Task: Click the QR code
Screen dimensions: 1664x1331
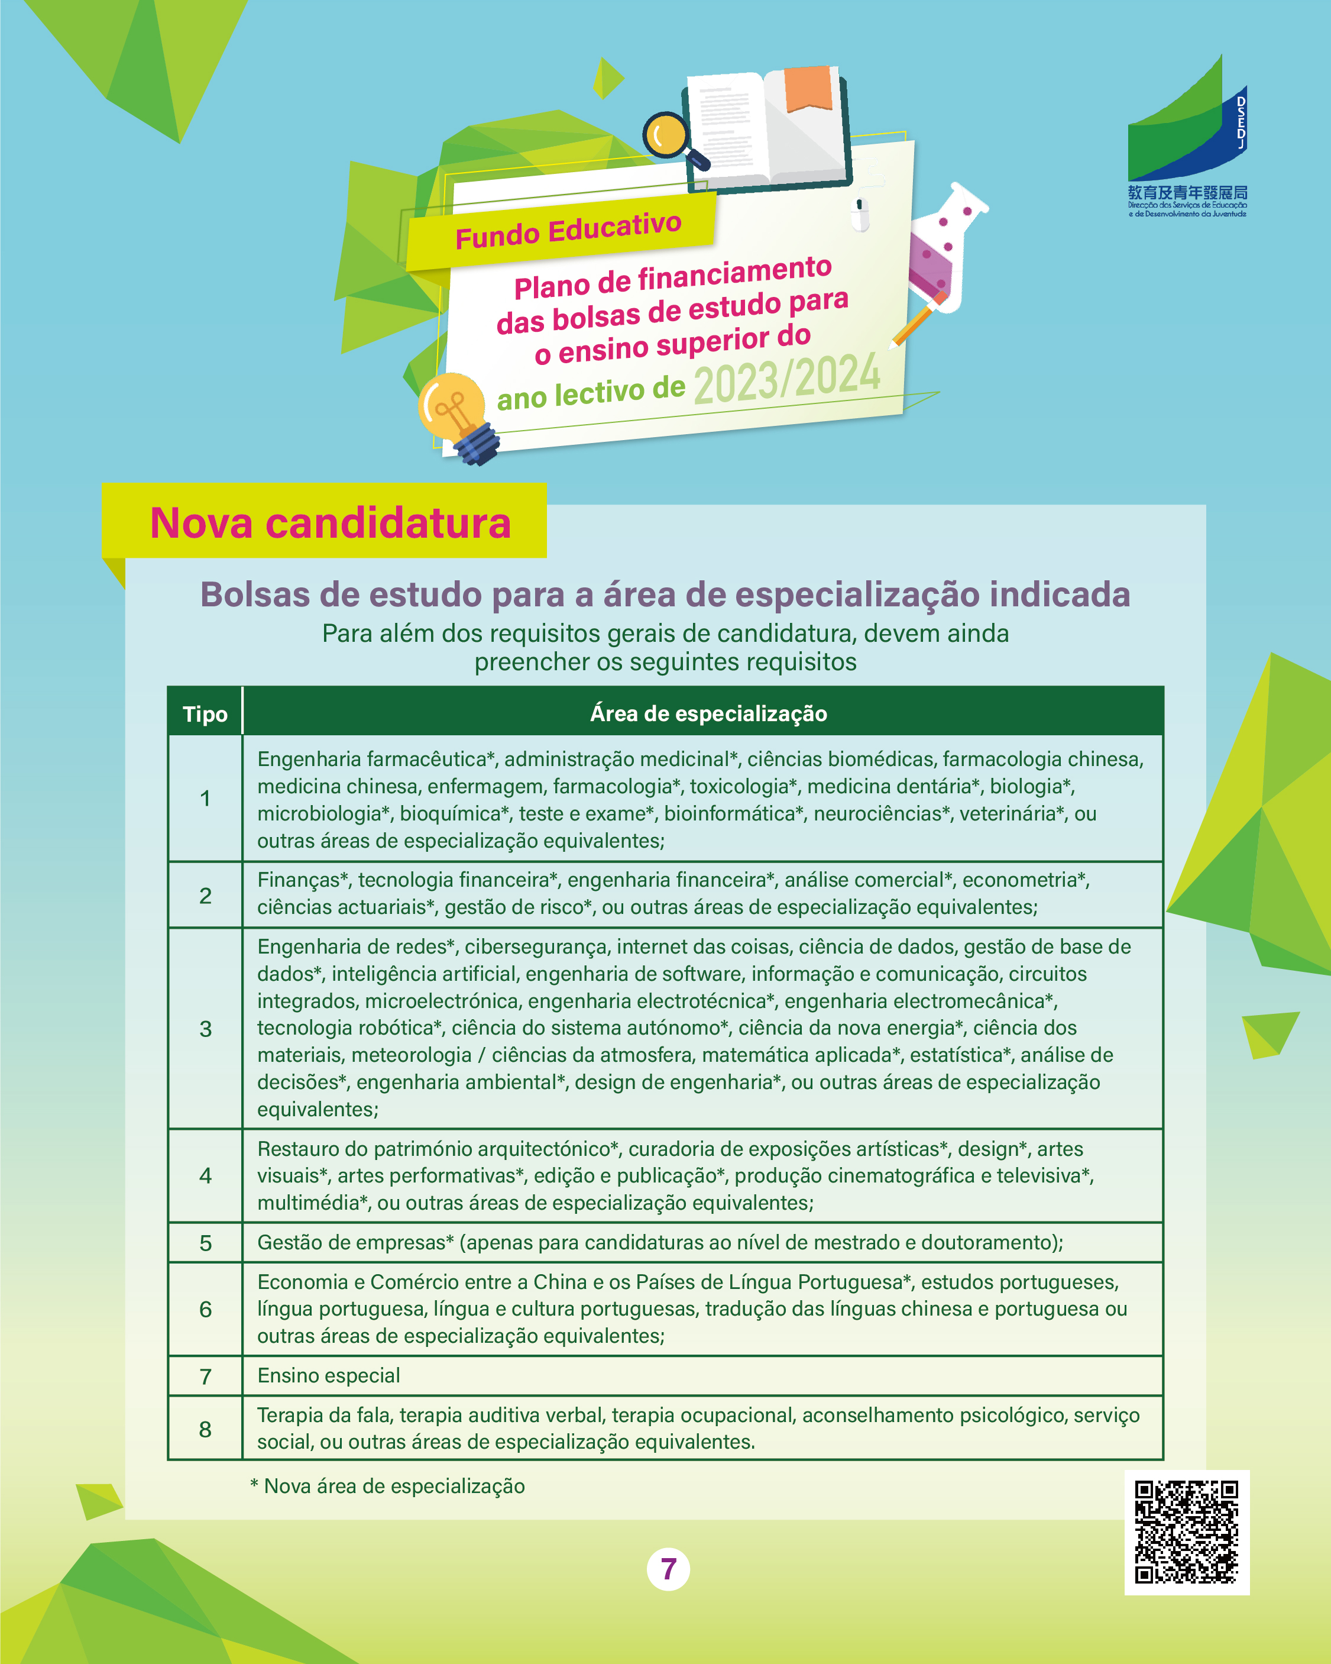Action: click(x=1186, y=1532)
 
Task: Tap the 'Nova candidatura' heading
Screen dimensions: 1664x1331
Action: click(x=331, y=524)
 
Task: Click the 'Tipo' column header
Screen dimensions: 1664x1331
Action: click(x=205, y=714)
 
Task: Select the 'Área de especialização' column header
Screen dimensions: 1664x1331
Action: click(x=708, y=713)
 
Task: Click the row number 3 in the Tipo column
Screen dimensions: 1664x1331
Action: click(x=205, y=1029)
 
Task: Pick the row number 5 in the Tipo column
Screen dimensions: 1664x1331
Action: click(x=205, y=1243)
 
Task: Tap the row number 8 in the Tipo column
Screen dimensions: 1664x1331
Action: click(x=205, y=1429)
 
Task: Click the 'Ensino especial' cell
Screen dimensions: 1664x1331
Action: click(x=329, y=1375)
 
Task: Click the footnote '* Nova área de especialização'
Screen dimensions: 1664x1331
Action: click(x=387, y=1486)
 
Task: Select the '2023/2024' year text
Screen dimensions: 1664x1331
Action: click(x=786, y=378)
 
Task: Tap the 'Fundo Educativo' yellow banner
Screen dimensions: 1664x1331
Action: click(x=567, y=230)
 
